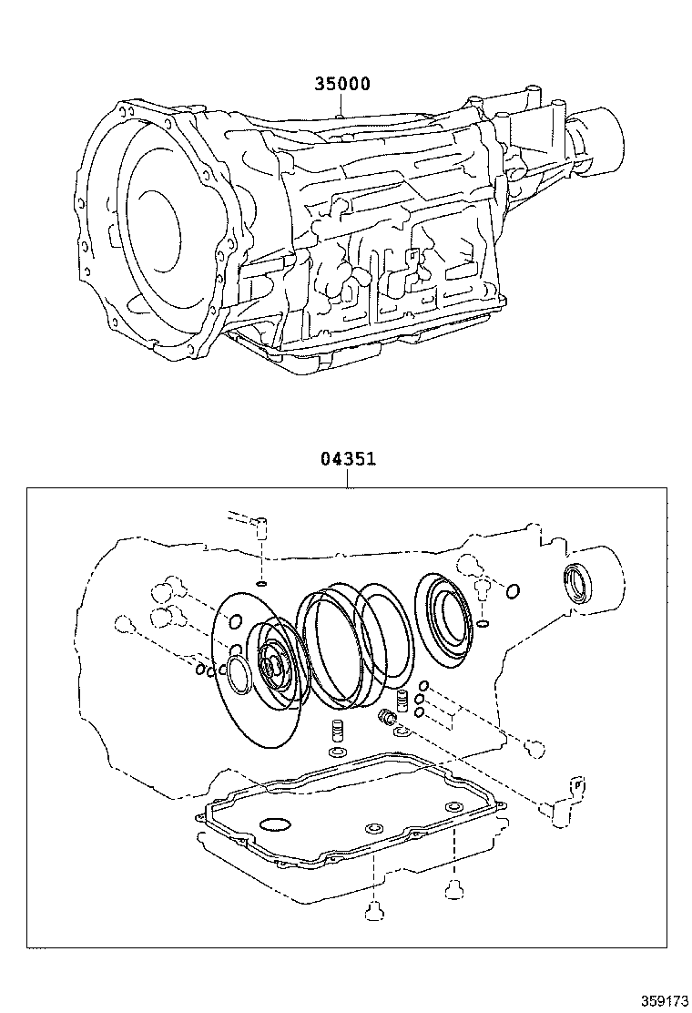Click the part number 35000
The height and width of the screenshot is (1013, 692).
point(342,84)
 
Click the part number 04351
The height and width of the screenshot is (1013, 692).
point(348,460)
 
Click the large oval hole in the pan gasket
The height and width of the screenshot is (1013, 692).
point(275,825)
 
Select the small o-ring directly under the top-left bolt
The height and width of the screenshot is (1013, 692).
point(262,582)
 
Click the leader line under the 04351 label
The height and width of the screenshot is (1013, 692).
point(348,478)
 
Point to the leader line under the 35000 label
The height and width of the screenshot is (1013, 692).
point(339,106)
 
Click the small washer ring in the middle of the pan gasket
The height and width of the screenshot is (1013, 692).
point(371,828)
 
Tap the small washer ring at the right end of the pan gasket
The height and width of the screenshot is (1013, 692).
point(453,807)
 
